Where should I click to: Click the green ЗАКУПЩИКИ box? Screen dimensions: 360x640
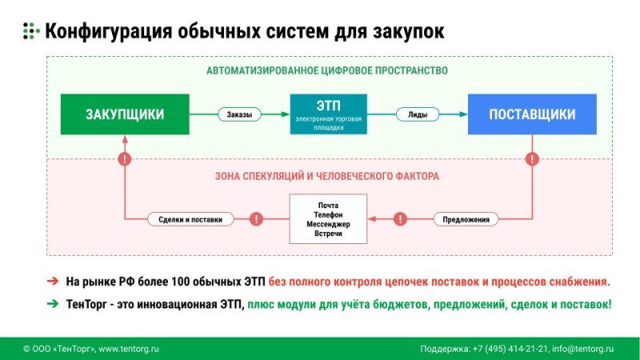click(125, 114)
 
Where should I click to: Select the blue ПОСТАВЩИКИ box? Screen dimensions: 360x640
click(532, 114)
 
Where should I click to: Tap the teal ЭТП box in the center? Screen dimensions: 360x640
click(328, 114)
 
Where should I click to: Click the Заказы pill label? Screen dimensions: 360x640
click(239, 114)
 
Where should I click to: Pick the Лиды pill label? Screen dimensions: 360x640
click(417, 114)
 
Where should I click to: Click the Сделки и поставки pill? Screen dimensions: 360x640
click(190, 218)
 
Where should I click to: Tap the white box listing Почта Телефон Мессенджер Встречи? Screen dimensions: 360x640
click(328, 218)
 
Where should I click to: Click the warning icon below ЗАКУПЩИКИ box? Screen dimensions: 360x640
click(124, 159)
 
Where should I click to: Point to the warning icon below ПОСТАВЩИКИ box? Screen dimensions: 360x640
click(532, 159)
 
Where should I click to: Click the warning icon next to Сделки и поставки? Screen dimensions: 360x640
click(256, 218)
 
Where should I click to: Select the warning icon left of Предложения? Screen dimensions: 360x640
click(400, 218)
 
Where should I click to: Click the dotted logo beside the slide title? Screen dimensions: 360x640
click(30, 31)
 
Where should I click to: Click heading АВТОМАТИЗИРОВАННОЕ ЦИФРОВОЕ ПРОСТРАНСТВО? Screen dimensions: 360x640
click(327, 70)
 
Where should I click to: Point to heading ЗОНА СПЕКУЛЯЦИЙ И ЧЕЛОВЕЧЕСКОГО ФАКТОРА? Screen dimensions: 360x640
click(327, 175)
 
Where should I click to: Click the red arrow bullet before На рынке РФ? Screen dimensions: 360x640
click(52, 282)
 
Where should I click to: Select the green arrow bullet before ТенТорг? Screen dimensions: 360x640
click(52, 304)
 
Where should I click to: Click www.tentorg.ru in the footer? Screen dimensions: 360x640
click(129, 349)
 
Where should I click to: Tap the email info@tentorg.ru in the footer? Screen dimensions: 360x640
click(583, 349)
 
